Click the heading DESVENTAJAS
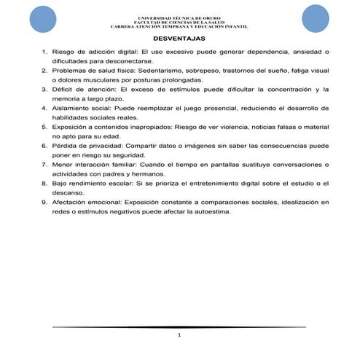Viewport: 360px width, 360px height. pyautogui.click(x=179, y=38)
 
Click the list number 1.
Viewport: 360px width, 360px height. pyautogui.click(x=45, y=52)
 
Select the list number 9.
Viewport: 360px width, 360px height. pyautogui.click(x=45, y=201)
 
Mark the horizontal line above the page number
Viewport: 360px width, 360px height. pyautogui.click(x=179, y=327)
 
